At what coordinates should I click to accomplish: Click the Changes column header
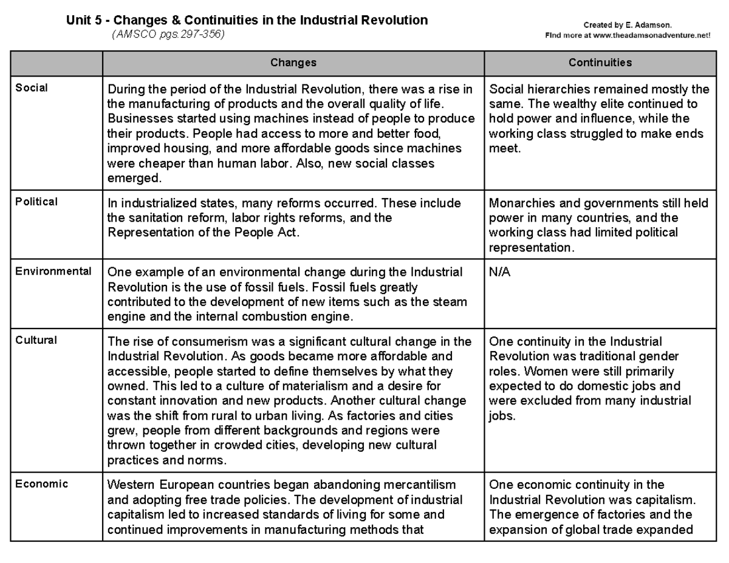293,63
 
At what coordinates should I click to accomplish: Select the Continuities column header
600,63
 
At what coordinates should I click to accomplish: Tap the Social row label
32,87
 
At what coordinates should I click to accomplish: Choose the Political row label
36,202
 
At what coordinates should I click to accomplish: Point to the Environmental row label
53,271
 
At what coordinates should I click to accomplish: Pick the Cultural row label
36,340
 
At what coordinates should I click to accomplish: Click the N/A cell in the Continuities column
500,273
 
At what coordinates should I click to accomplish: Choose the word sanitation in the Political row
149,217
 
